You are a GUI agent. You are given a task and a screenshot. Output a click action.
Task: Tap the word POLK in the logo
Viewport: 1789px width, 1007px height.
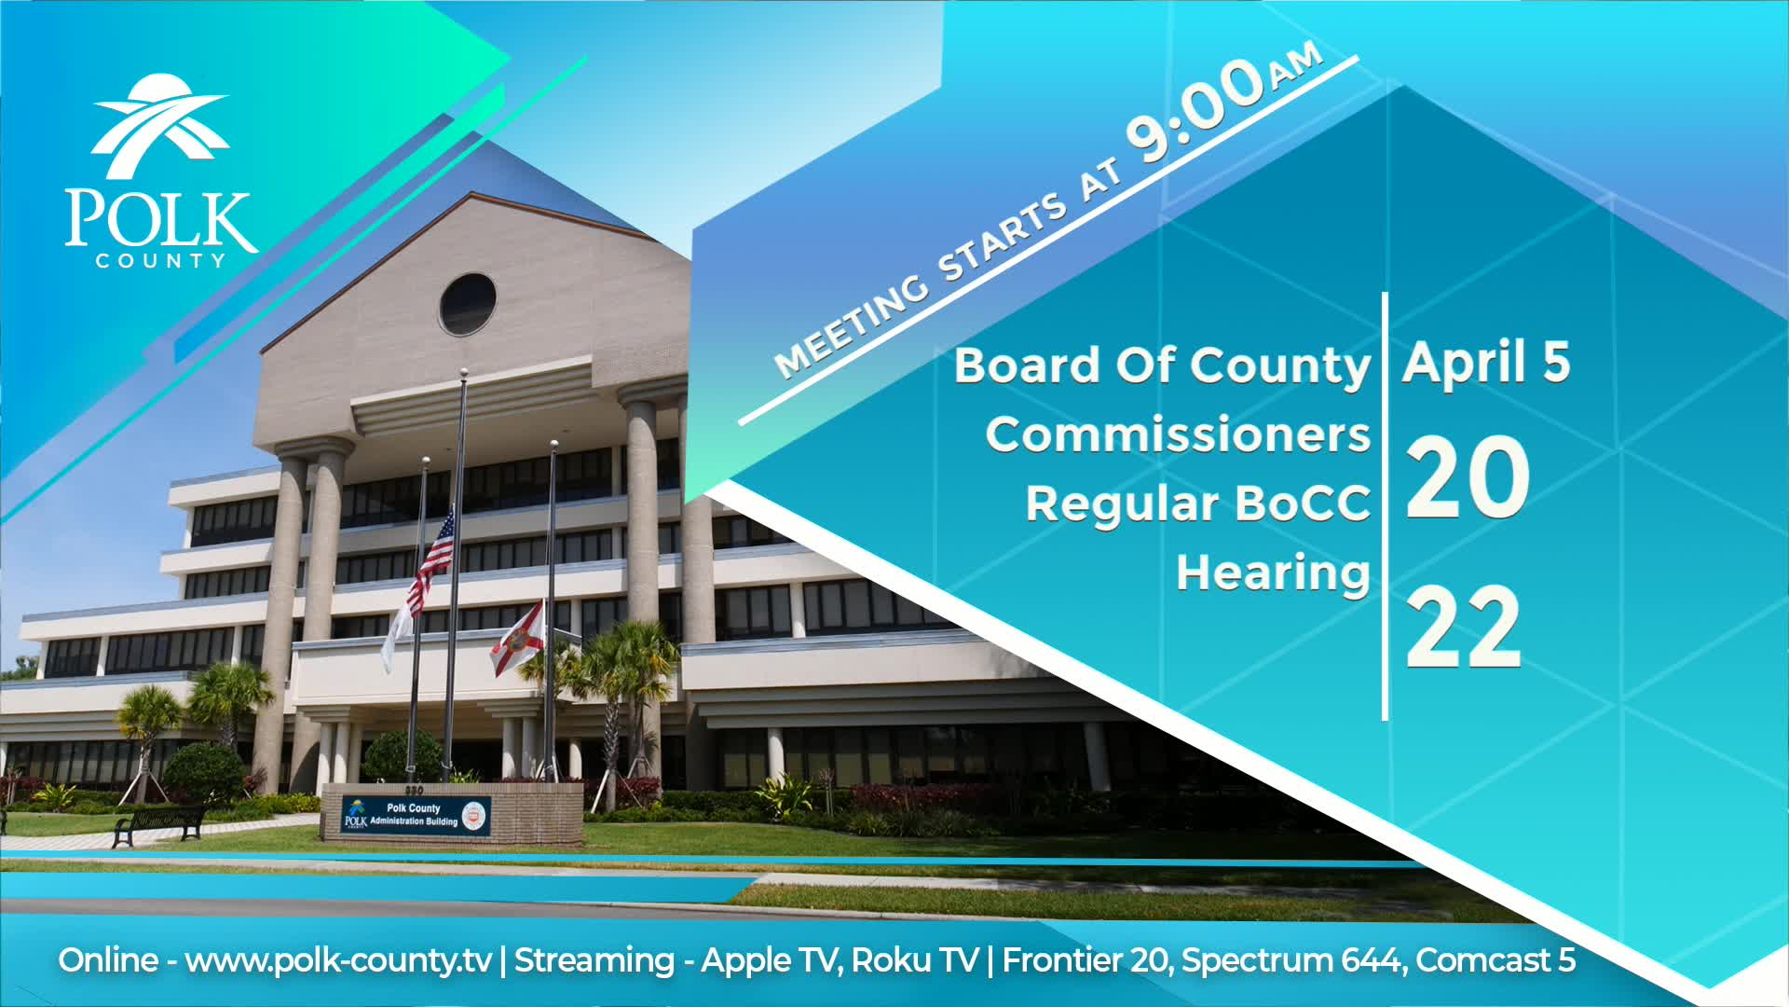[x=159, y=220]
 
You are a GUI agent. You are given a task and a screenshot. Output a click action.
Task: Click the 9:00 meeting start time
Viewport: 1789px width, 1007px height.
[x=1196, y=113]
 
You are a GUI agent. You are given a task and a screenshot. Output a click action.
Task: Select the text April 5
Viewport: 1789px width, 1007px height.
[x=1486, y=363]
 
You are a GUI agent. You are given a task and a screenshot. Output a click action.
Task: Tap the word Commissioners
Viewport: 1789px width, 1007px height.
[x=1178, y=435]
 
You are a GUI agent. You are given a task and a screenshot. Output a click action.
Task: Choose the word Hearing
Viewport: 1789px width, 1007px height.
[x=1273, y=572]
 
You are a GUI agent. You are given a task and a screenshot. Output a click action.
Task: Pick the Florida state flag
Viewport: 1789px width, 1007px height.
[x=517, y=639]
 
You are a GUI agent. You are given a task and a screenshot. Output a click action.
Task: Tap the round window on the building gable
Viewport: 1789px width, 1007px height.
[x=468, y=304]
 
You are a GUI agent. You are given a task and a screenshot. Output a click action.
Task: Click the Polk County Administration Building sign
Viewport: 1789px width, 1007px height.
[x=416, y=815]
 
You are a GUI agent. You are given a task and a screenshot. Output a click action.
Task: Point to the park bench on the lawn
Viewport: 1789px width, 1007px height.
[x=158, y=823]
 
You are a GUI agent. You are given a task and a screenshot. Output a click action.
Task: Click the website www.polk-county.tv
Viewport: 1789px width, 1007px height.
[x=337, y=960]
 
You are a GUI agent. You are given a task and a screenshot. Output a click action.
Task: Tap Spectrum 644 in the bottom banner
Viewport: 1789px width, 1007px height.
[x=1293, y=960]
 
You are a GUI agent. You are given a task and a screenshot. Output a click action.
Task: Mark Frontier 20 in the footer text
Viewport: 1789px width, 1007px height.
[x=1086, y=960]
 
